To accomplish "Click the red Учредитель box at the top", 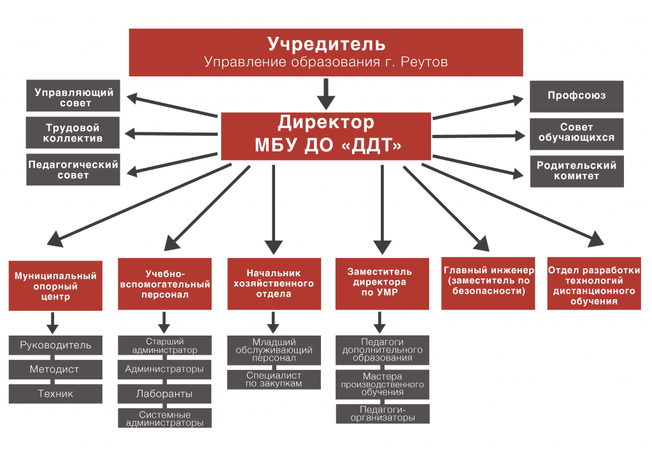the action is tap(325, 52).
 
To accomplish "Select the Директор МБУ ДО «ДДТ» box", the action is tap(325, 136).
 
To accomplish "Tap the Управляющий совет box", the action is tap(73, 96).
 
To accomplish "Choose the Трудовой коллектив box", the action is tap(73, 132).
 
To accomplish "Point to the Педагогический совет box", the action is tap(73, 169).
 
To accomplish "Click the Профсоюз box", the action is tap(576, 96).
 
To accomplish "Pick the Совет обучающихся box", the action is tap(576, 134).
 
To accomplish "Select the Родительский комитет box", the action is tap(577, 171).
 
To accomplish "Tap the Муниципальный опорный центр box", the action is tap(55, 286).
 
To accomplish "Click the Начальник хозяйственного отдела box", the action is tap(274, 284).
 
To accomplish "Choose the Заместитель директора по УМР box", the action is tap(382, 284).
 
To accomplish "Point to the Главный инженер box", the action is tap(488, 283).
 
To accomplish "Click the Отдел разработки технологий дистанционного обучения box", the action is tap(594, 283).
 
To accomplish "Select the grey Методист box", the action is tap(55, 369).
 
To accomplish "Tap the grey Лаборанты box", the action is tap(164, 394).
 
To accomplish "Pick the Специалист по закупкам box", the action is tap(274, 379).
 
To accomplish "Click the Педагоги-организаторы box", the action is tap(383, 414).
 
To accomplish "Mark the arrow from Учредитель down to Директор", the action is tap(326, 94).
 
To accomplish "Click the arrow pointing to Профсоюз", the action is tap(478, 108).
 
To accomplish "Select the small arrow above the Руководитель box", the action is tap(52, 323).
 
